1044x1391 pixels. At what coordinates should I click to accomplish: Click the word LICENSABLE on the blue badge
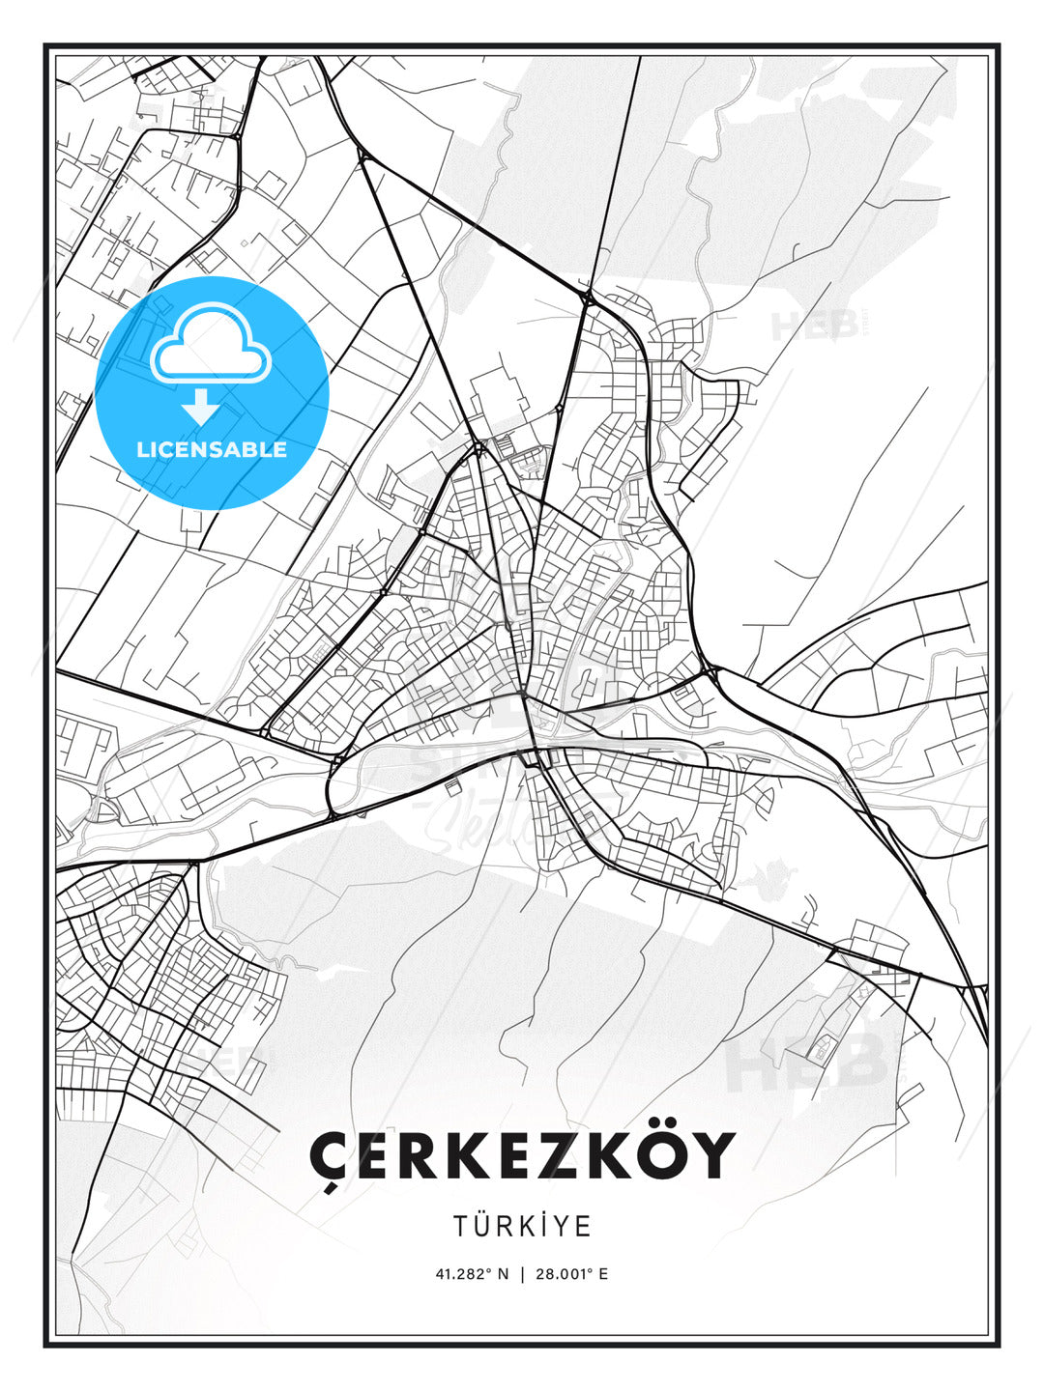(212, 450)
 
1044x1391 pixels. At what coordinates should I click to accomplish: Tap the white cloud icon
(209, 343)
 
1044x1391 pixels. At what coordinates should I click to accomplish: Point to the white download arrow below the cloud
(201, 407)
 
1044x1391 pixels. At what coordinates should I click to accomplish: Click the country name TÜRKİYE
(522, 1226)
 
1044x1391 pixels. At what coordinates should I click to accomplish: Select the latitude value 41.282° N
(472, 1274)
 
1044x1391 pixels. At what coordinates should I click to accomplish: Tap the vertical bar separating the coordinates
(522, 1274)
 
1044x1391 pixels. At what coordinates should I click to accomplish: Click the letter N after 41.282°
(504, 1274)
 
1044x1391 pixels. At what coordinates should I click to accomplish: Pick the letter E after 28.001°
(603, 1274)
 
